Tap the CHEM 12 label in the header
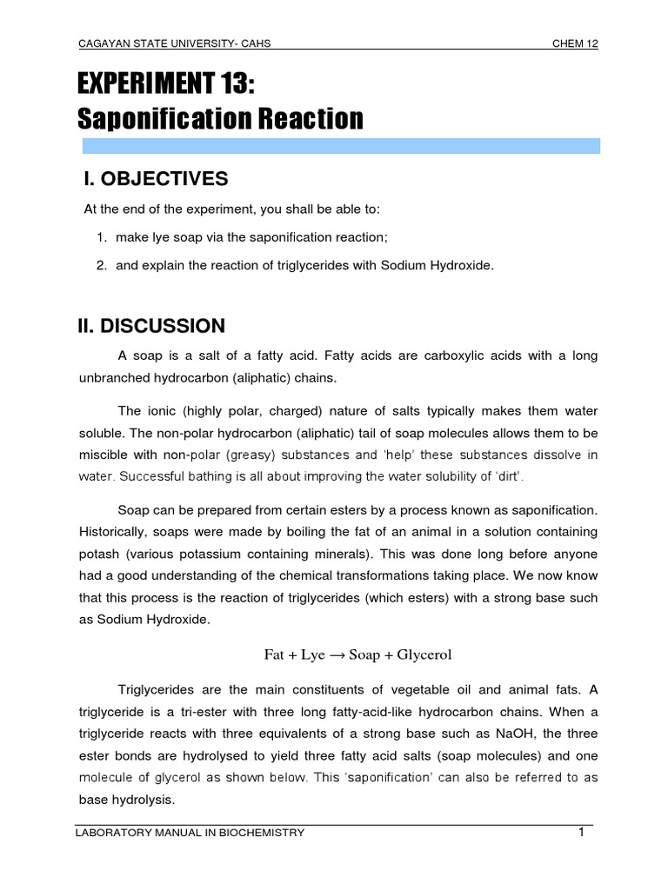[x=575, y=44]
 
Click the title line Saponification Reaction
[x=221, y=119]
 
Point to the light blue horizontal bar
[x=340, y=145]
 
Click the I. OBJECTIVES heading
[x=156, y=179]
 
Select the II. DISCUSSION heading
[x=152, y=326]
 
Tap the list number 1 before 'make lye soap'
[x=101, y=237]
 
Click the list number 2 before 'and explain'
[x=101, y=265]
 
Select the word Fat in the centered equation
[x=276, y=654]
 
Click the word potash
[x=99, y=554]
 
